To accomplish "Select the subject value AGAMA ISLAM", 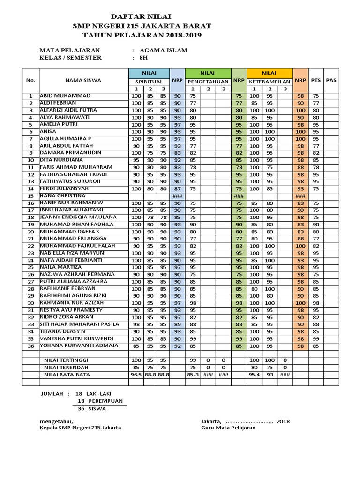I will point(160,50).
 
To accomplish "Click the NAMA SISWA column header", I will point(83,80).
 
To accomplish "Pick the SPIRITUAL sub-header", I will point(149,82).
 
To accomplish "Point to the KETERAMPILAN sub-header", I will point(270,82).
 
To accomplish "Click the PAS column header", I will point(331,80).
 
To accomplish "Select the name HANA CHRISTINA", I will point(62,195).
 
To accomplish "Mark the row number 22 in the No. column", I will point(31,246).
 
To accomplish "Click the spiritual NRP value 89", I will point(177,324).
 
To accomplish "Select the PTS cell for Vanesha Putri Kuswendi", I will point(315,338).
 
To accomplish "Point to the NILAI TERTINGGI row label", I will point(66,360).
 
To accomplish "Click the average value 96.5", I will point(136,375).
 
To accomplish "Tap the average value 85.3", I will point(192,375).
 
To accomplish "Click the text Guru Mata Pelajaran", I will point(228,427).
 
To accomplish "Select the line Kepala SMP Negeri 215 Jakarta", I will point(81,427).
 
